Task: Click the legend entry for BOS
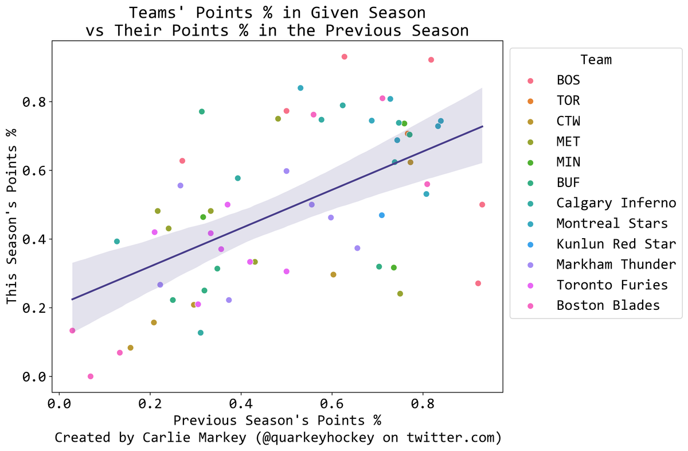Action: coord(568,80)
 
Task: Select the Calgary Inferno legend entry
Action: coord(616,203)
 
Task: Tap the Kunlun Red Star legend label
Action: coord(616,244)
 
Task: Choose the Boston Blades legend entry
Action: coord(608,305)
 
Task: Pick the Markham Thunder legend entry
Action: coord(616,264)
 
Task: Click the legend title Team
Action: coord(595,59)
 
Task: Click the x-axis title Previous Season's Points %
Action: coord(277,420)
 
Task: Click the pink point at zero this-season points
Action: coord(90,376)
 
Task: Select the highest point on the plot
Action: coord(344,57)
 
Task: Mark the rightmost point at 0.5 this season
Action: coord(482,205)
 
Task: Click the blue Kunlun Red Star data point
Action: coord(382,215)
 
